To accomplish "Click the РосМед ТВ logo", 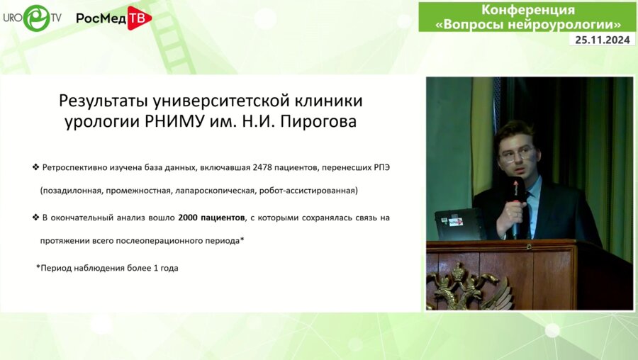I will [113, 18].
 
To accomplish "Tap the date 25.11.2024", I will [603, 40].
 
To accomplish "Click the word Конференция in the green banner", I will [528, 10].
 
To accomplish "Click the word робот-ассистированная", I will [308, 190].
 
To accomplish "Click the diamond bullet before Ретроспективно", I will [35, 167].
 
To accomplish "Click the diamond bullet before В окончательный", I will [35, 217].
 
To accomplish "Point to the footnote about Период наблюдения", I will [107, 268].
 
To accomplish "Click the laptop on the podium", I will [459, 224].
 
